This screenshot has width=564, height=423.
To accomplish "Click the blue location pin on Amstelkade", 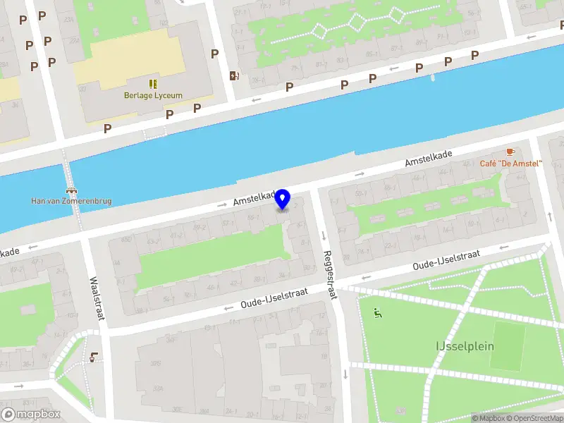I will pos(283,200).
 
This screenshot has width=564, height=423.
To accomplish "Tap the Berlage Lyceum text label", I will pos(154,96).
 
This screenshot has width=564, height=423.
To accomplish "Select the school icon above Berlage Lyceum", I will pos(153,84).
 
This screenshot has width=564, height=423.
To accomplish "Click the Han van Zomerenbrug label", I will pos(71,201).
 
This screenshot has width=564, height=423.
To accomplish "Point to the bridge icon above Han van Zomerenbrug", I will pos(71,190).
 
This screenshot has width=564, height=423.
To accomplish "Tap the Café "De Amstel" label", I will pos(510,164).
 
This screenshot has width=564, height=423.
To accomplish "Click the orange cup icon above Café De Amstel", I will pos(510,152).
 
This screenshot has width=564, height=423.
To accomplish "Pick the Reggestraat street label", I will pos(329,274).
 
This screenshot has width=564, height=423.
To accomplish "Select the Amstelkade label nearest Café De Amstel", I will pos(427,158).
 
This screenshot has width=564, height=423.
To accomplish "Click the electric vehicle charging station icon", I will pos(234,76).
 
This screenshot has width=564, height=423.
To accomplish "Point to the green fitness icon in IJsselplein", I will pos(377,313).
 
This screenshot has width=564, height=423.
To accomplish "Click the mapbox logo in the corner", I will pos(31,415).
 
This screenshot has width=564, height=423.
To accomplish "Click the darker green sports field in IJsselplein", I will pos(507,346).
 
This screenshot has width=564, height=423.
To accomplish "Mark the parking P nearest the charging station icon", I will pos(214,54).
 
